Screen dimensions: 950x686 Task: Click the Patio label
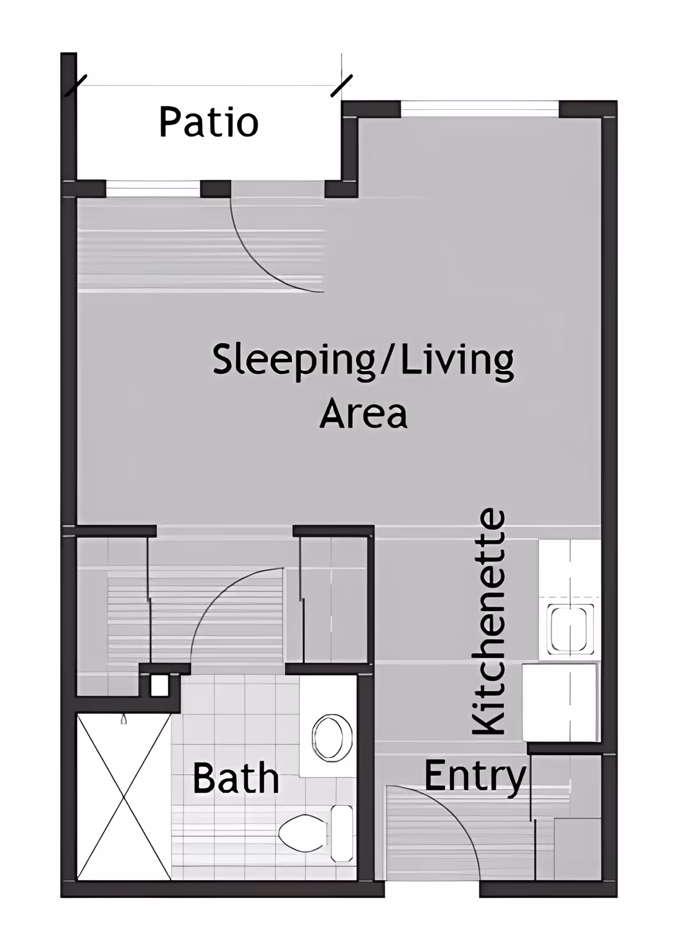(x=209, y=122)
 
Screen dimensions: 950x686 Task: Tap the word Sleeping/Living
(x=363, y=360)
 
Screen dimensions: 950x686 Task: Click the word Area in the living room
(x=364, y=413)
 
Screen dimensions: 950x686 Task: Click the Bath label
(x=236, y=778)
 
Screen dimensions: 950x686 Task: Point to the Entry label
(x=474, y=776)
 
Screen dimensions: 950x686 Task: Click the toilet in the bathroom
(x=303, y=833)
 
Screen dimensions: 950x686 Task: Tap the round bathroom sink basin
(x=331, y=737)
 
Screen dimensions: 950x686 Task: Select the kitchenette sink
(x=569, y=629)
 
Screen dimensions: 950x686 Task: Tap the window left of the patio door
(x=153, y=187)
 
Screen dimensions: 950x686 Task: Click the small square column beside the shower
(x=159, y=685)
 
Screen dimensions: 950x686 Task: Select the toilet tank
(x=342, y=833)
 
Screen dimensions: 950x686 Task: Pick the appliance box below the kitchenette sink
(x=560, y=701)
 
